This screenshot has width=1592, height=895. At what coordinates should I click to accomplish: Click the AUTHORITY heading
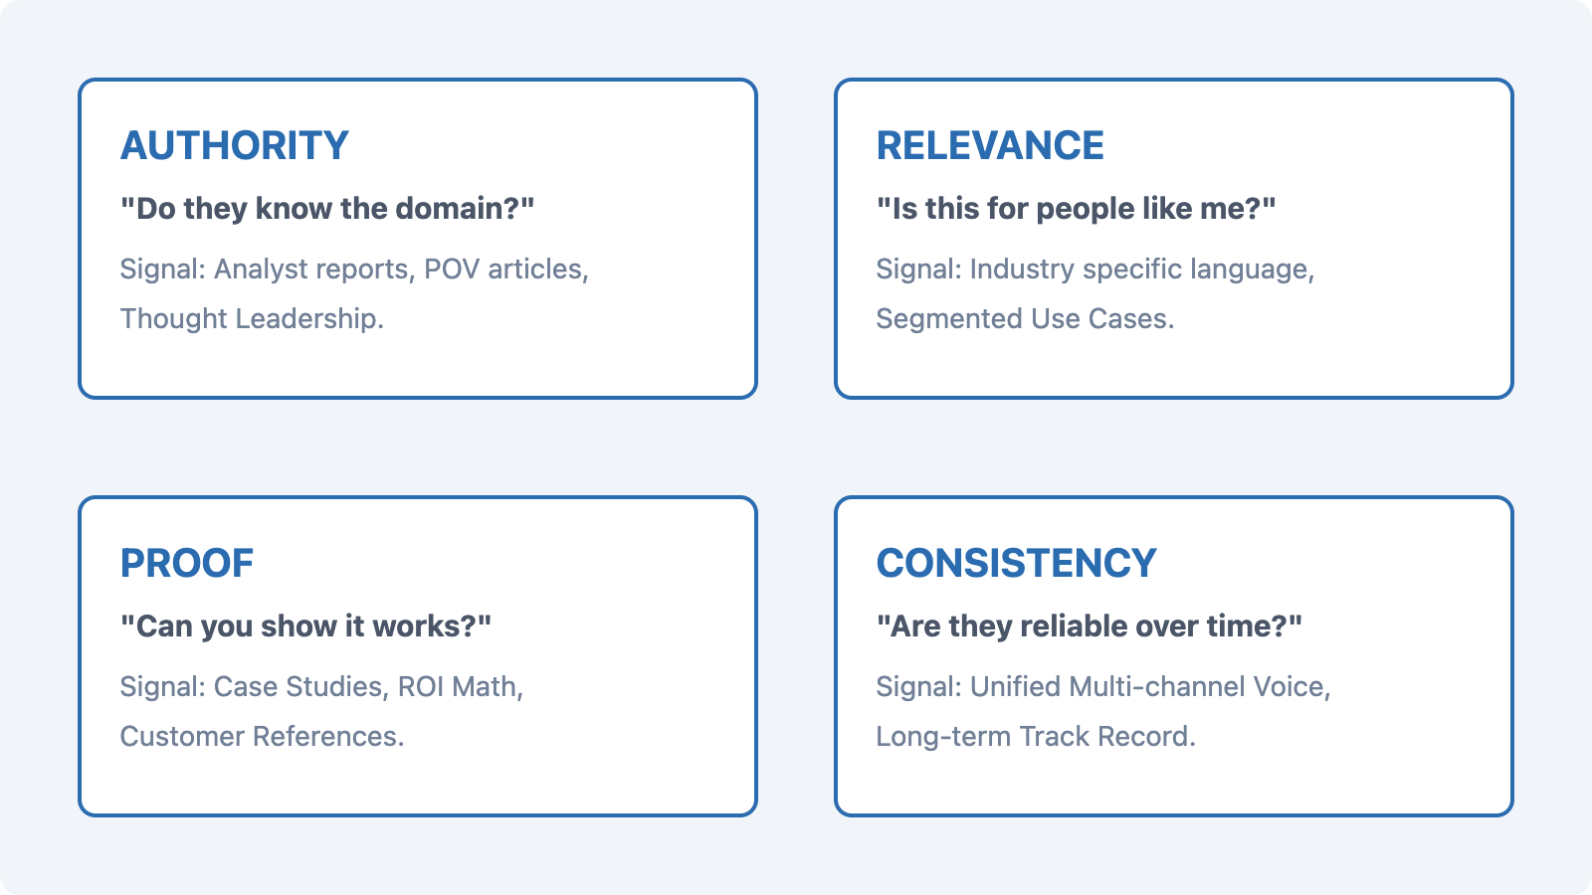tap(235, 145)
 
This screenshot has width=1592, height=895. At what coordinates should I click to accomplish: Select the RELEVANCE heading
tap(990, 145)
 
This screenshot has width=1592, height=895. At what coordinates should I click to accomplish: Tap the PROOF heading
tap(187, 563)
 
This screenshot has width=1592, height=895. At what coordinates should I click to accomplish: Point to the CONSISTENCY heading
tap(1016, 563)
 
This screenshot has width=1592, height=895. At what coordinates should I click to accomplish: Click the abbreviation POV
tap(452, 269)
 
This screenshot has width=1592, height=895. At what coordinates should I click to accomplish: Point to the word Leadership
tap(309, 319)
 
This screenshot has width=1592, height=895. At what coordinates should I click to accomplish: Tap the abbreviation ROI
tap(421, 687)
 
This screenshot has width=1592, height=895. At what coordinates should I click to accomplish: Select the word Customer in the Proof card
tap(182, 737)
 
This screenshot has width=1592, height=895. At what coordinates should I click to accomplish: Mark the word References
tap(328, 737)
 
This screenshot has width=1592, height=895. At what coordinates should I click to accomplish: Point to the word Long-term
tap(943, 737)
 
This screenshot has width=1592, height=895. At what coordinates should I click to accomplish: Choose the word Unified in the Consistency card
tap(1015, 687)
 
